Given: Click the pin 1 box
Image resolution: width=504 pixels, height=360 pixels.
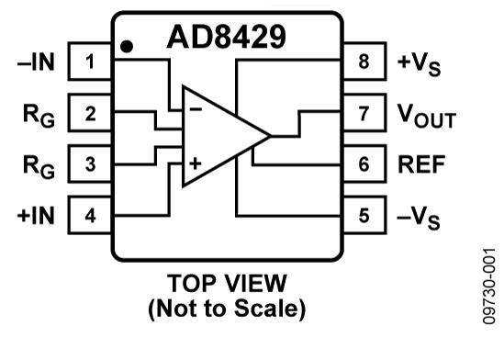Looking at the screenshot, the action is [90, 61].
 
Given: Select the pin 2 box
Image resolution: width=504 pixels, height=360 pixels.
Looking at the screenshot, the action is [90, 113].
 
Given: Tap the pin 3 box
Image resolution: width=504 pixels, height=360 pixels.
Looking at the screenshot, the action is [90, 163].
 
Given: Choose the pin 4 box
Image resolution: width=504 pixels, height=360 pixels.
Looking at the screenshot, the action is [90, 215].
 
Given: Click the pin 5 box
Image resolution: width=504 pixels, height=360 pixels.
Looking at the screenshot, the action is [364, 215].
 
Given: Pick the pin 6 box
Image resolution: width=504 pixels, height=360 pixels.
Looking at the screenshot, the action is [364, 163].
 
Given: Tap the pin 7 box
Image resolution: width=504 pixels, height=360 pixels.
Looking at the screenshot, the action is [364, 113].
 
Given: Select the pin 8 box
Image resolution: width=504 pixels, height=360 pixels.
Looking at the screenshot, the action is [364, 61].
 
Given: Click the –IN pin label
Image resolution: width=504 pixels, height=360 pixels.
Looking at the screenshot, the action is [36, 62].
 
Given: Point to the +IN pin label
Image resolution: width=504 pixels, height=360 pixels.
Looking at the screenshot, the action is [36, 215].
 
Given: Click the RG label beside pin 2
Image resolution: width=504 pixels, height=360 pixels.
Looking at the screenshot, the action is [39, 116].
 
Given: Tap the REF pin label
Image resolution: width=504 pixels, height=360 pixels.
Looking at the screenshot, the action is [421, 164].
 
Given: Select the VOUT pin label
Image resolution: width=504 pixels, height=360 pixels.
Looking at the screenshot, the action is [427, 116].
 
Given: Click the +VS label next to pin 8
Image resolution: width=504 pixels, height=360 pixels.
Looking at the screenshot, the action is [420, 65].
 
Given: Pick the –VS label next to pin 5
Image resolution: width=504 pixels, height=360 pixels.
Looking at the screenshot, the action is [419, 219].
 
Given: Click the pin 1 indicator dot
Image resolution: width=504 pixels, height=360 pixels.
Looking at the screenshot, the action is [127, 47].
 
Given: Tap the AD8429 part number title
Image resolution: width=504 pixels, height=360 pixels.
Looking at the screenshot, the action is [226, 37].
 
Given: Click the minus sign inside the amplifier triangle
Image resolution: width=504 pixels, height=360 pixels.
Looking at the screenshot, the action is [196, 109].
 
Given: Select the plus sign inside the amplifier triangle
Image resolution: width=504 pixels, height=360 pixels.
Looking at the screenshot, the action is [196, 163].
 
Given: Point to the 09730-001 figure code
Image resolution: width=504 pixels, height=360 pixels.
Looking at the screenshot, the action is [489, 286].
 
